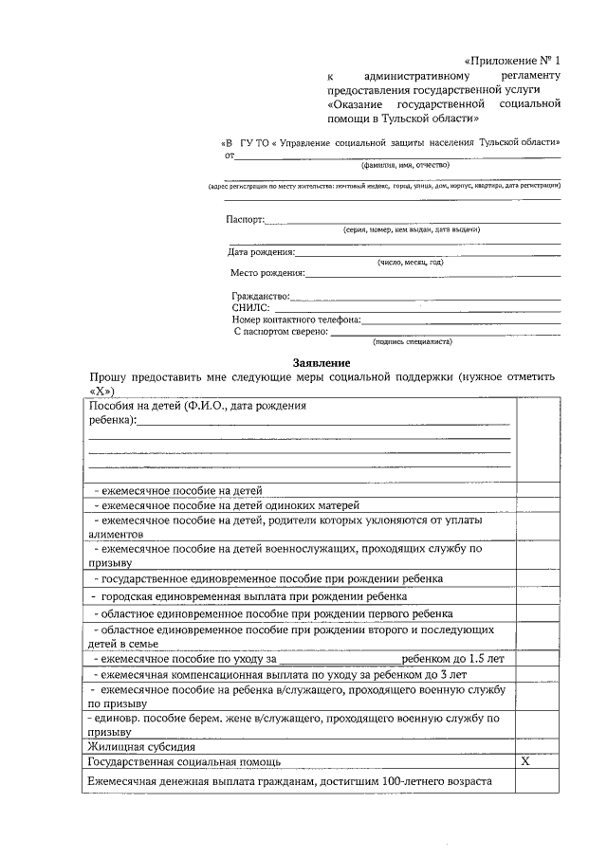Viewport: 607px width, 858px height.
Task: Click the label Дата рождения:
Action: (261, 252)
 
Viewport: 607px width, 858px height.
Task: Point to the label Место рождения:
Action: (267, 273)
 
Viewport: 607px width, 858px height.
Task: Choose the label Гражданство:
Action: (260, 297)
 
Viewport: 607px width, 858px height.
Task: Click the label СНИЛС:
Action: (251, 308)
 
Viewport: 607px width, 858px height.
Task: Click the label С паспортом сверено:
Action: (281, 332)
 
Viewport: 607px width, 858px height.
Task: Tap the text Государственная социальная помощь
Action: (183, 761)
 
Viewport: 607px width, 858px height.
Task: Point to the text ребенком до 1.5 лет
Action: (446, 657)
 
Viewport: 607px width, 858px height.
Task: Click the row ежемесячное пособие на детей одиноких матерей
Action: (226, 505)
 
